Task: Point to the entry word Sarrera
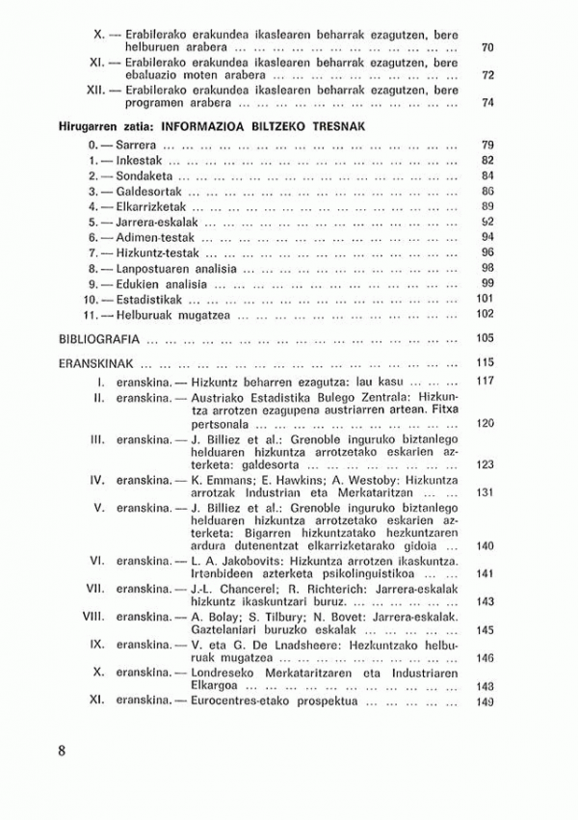tap(135, 145)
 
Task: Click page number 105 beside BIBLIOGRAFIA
tap(485, 338)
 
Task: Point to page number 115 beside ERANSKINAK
tap(485, 363)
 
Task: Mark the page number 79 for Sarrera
tap(487, 145)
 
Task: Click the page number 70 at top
tap(487, 47)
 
